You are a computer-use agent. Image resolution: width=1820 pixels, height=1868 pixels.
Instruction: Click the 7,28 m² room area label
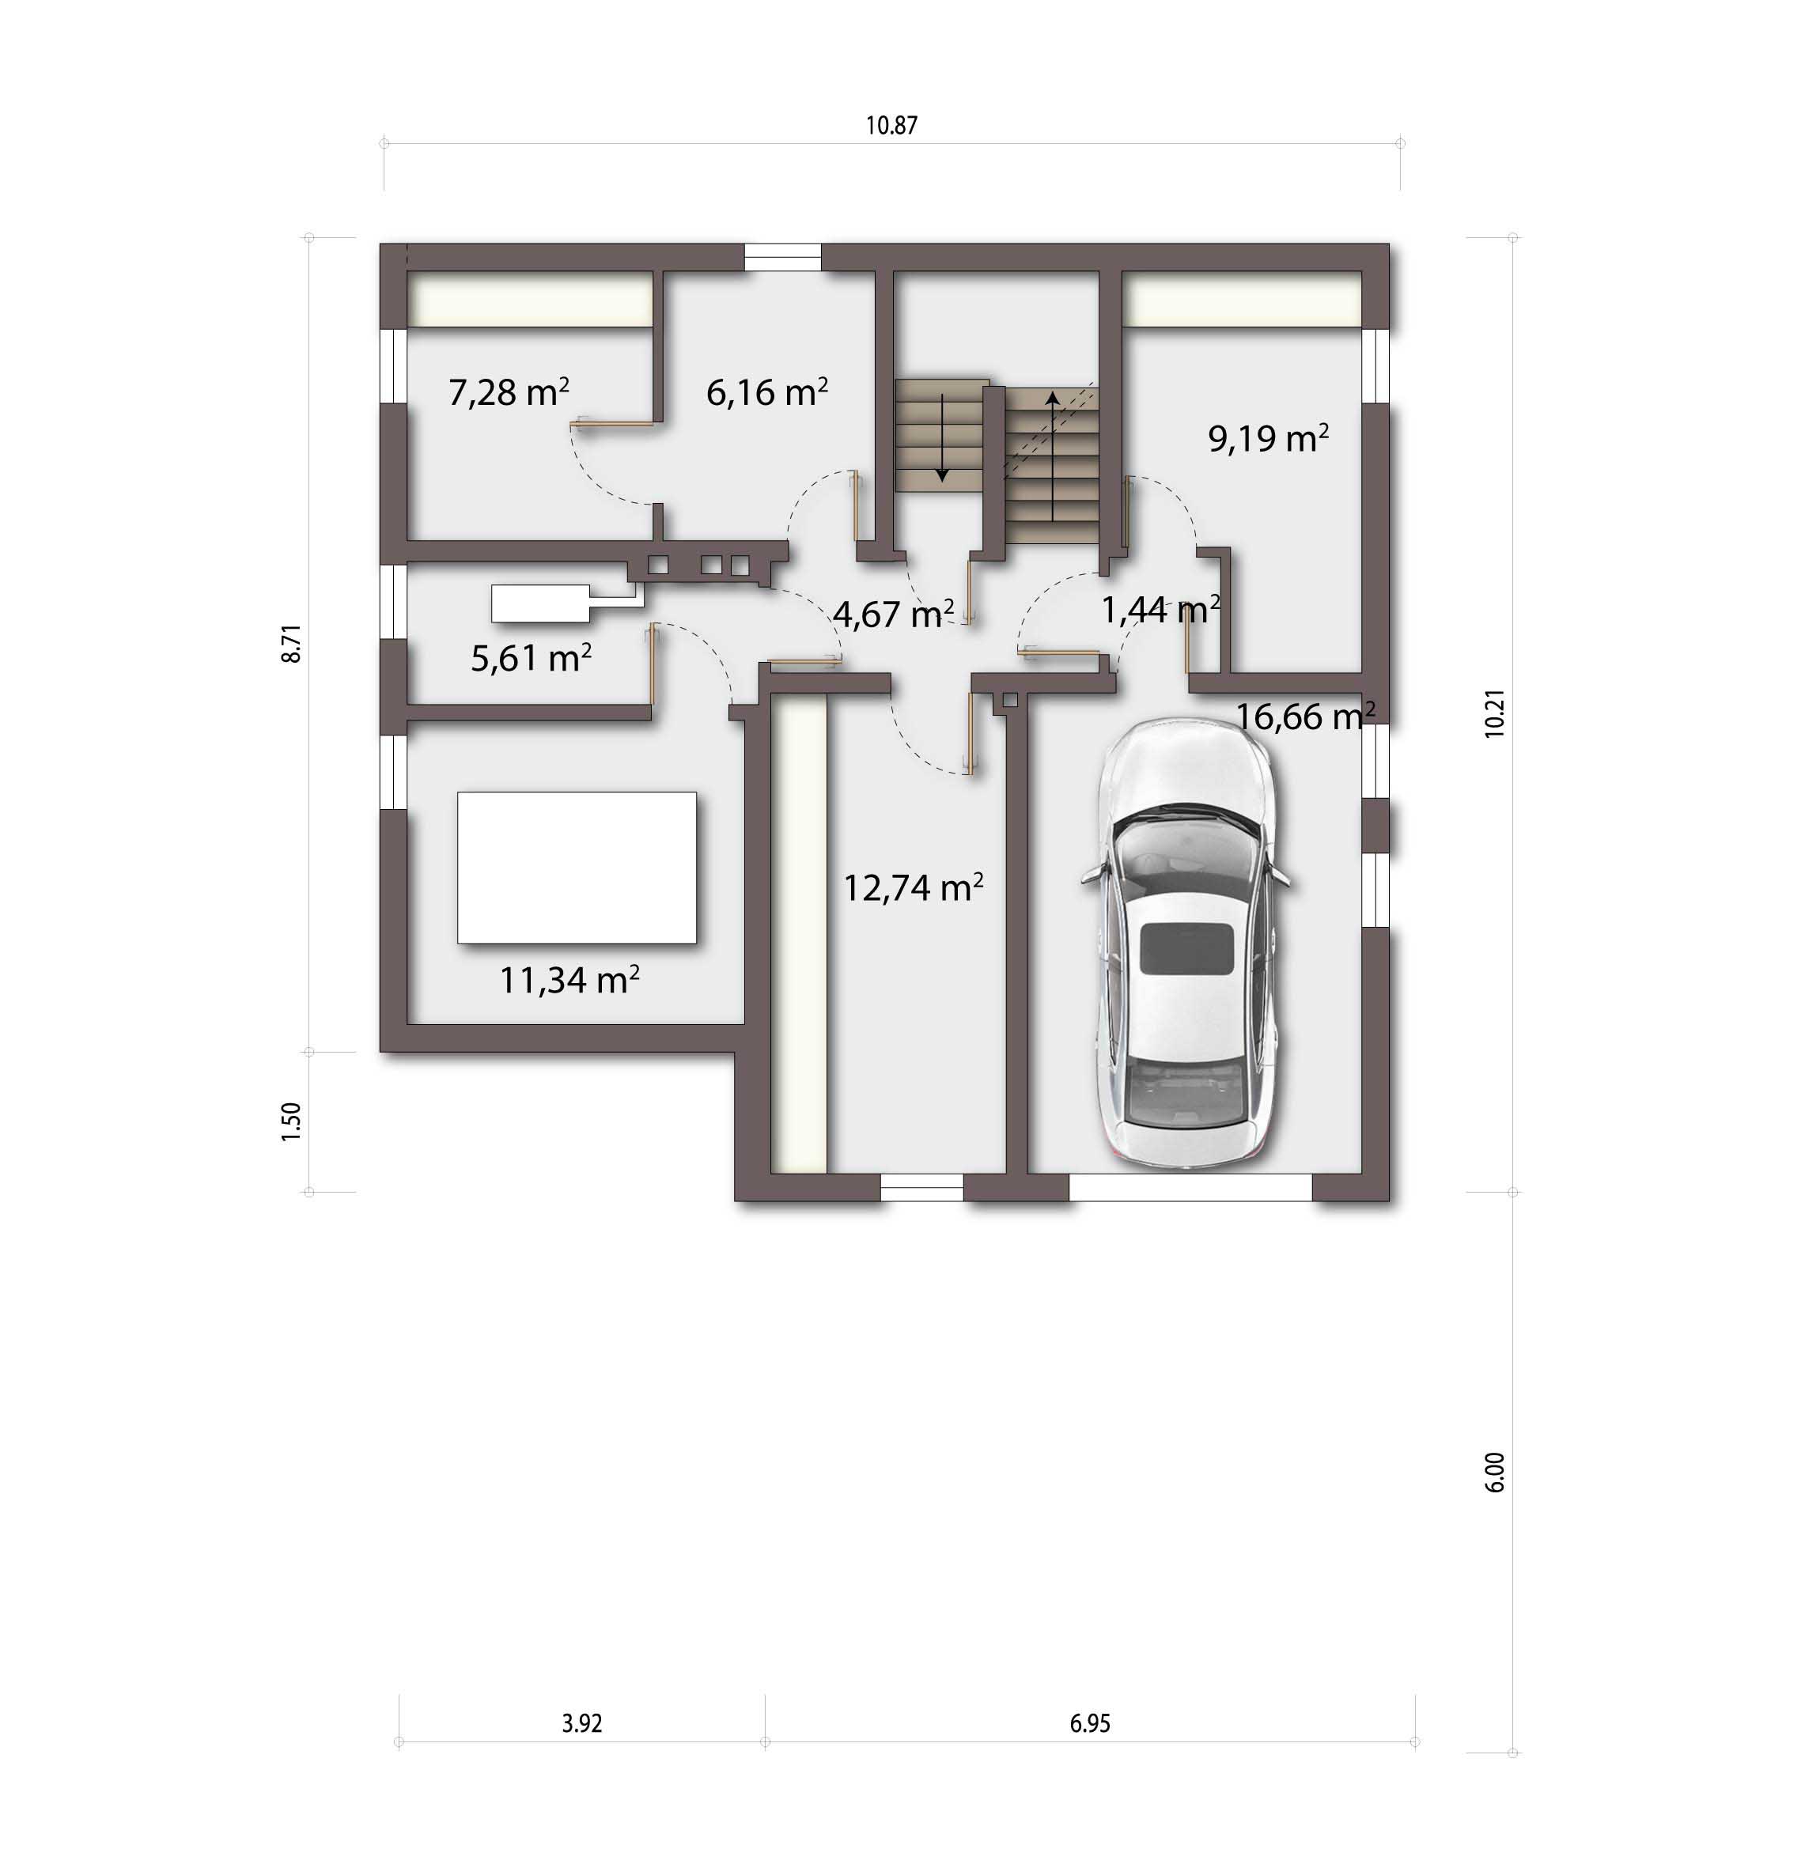point(509,392)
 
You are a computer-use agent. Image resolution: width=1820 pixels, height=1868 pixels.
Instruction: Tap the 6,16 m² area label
point(766,392)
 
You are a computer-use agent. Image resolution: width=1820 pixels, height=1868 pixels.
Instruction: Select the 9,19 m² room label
point(1269,438)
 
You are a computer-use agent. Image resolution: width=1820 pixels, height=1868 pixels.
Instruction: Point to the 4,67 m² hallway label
point(894,614)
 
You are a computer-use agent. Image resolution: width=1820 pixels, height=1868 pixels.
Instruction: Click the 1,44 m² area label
point(1160,609)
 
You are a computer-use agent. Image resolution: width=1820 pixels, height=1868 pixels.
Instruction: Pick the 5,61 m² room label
point(532,658)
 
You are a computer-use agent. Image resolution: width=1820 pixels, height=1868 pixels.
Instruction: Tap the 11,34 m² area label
point(569,980)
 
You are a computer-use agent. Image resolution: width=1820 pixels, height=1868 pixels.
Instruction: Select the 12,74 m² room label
point(913,888)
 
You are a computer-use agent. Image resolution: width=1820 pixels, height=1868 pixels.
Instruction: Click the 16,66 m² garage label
point(1306,716)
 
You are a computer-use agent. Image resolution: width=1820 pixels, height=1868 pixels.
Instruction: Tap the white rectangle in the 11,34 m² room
point(577,867)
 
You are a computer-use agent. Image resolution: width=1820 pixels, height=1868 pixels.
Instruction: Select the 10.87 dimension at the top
point(892,125)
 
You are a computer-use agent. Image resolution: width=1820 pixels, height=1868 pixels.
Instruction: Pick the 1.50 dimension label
point(292,1121)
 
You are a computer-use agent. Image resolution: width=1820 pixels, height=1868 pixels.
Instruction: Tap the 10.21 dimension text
point(1495,713)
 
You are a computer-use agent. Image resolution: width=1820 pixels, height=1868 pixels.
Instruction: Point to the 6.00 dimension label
point(1495,1473)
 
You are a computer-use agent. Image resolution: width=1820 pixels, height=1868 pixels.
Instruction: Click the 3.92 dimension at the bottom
point(582,1723)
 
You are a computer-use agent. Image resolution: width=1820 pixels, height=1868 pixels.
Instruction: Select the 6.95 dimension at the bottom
point(1090,1723)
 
